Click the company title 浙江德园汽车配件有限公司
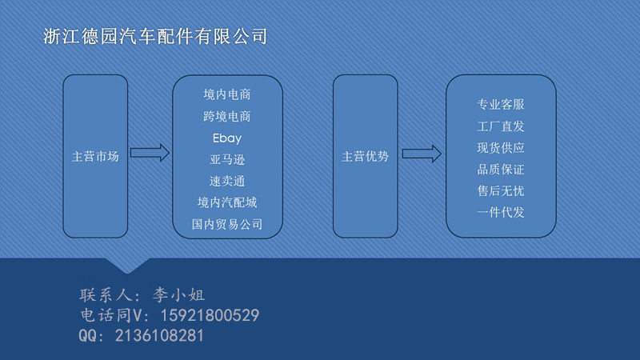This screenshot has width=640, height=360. (x=154, y=37)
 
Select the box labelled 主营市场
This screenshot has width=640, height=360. (x=95, y=156)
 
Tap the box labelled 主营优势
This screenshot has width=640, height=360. (x=365, y=156)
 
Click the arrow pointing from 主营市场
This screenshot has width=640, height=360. (x=150, y=153)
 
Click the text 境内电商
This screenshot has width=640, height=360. (x=227, y=94)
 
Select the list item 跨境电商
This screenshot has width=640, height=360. (x=227, y=116)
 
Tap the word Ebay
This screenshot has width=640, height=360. (x=227, y=138)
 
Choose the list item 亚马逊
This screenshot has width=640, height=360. (x=227, y=159)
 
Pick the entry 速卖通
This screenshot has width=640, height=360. (x=227, y=181)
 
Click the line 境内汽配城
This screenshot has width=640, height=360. (x=227, y=202)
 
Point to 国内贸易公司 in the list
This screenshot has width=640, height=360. (x=227, y=224)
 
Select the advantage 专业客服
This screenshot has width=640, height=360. (x=501, y=104)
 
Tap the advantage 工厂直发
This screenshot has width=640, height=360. (x=501, y=126)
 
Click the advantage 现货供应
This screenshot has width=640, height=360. (x=501, y=147)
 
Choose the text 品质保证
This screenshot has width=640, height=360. (x=501, y=170)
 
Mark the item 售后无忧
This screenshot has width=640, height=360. (x=501, y=191)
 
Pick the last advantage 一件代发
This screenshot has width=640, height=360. (x=501, y=212)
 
